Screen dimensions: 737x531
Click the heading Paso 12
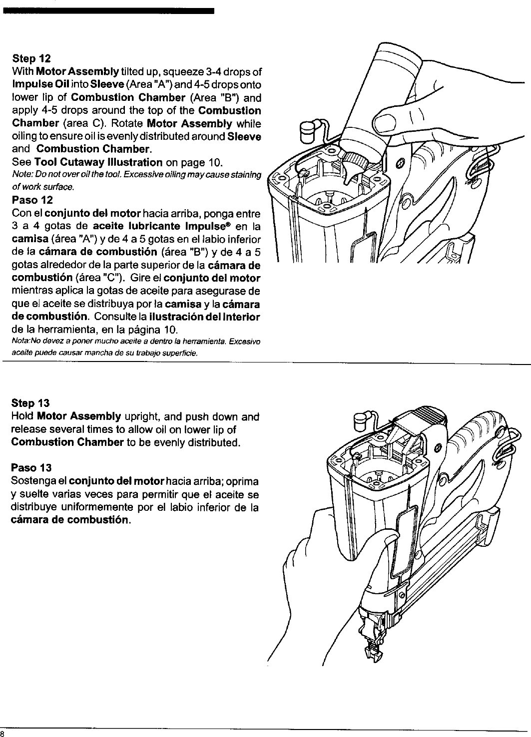coord(31,201)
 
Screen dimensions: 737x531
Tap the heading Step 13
coord(30,403)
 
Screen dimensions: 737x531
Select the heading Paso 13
coord(31,468)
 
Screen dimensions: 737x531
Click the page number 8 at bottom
coord(2,733)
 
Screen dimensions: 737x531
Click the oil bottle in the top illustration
coord(385,95)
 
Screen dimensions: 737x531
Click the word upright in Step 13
coord(143,416)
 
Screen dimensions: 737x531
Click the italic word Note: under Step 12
coord(21,173)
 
